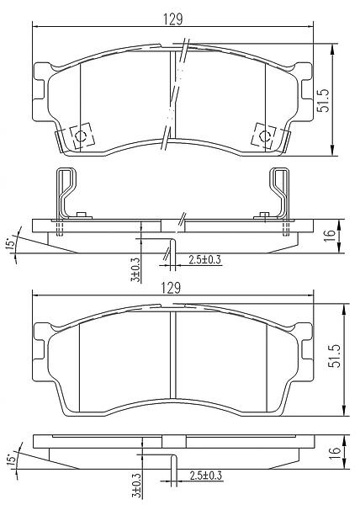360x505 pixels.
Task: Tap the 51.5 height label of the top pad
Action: pos(324,100)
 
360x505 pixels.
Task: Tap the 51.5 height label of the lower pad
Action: pos(335,356)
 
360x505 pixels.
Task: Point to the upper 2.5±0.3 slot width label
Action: pos(205,259)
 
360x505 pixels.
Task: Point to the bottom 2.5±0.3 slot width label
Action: pos(206,476)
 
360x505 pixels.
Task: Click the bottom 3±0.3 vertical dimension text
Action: pos(136,485)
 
